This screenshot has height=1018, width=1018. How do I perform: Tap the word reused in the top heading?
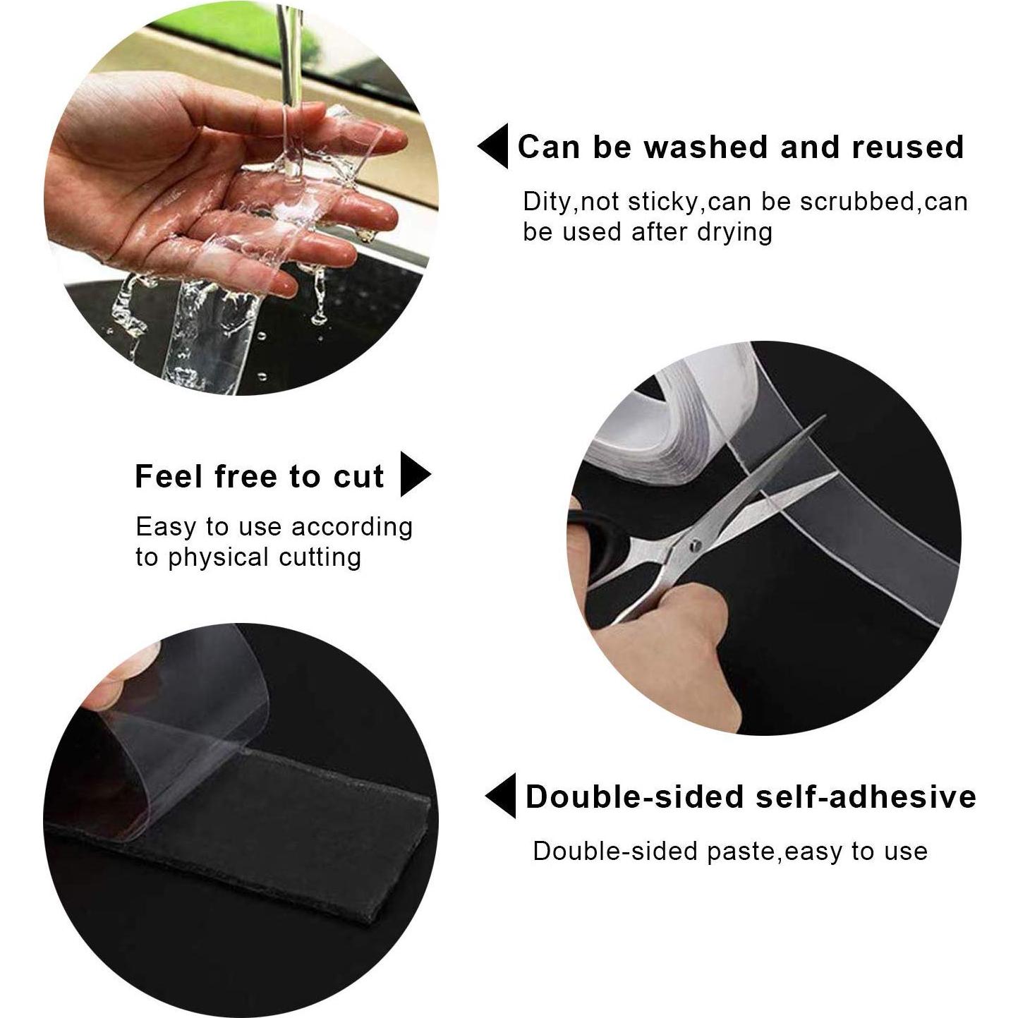[x=908, y=147]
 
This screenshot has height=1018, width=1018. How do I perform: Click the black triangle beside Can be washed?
[x=495, y=146]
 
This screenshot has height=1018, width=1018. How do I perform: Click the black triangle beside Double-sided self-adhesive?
[x=502, y=796]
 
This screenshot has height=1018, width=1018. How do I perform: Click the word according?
[x=352, y=527]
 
